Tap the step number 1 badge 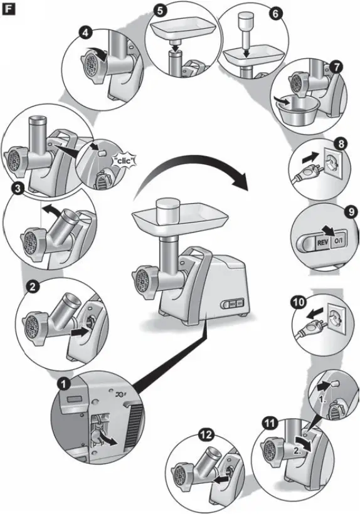coord(64,382)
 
